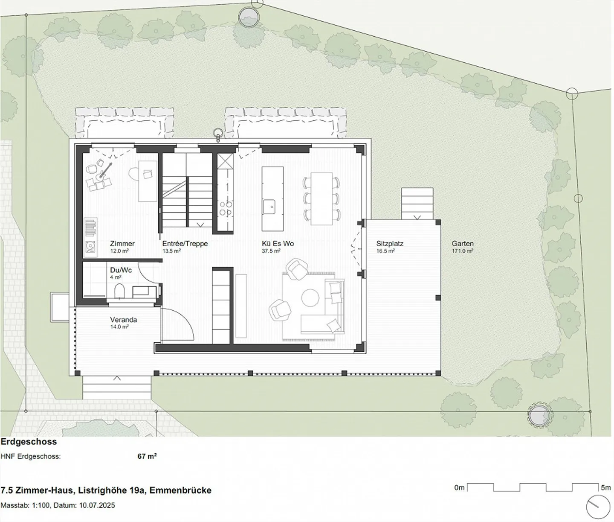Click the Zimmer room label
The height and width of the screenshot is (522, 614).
122,244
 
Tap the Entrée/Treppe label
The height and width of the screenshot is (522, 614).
185,244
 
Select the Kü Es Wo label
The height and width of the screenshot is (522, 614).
278,244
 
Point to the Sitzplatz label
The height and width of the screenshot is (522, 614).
390,244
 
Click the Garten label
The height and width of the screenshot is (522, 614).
463,244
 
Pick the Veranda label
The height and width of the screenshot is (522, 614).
123,320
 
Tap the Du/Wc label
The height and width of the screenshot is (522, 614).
121,270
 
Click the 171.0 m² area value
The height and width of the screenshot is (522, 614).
463,251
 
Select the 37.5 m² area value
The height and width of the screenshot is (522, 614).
271,251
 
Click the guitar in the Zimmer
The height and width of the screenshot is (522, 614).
105,171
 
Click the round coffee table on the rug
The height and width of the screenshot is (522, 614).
310,297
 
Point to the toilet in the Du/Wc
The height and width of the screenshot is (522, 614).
119,291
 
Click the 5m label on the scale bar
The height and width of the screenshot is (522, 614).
605,487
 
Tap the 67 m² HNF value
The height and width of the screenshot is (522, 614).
147,456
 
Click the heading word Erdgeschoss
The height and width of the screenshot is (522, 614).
29,442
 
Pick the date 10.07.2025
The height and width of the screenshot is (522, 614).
97,505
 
